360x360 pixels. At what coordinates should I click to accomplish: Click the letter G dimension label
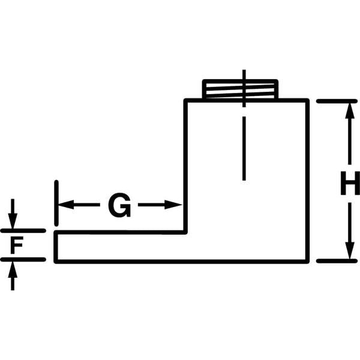119,205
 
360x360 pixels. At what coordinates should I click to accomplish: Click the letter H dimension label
350,183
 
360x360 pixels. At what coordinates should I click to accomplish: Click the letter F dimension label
17,245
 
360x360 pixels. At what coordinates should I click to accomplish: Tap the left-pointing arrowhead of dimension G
66,205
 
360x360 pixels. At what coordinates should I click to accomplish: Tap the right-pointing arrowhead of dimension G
173,205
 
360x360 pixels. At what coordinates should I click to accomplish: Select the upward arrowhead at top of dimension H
350,111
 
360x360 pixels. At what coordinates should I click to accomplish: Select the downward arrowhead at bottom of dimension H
350,251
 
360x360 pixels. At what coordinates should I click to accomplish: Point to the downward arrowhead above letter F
13,221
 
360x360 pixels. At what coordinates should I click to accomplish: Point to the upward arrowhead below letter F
13,269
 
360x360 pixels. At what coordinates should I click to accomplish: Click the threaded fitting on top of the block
241,89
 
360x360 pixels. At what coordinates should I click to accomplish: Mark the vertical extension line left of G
56,203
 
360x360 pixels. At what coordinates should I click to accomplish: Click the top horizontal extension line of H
337,101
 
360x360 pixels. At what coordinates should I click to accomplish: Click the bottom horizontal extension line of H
337,261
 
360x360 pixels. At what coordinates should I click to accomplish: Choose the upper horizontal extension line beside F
23,231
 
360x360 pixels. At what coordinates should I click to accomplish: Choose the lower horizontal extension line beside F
23,259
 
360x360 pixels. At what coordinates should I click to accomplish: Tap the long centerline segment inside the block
244,148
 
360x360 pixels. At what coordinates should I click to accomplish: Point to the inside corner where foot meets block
185,232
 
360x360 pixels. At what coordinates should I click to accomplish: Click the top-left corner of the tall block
185,100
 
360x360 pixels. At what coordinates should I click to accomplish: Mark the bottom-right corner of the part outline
308,262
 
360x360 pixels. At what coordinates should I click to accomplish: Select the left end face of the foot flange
56,247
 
